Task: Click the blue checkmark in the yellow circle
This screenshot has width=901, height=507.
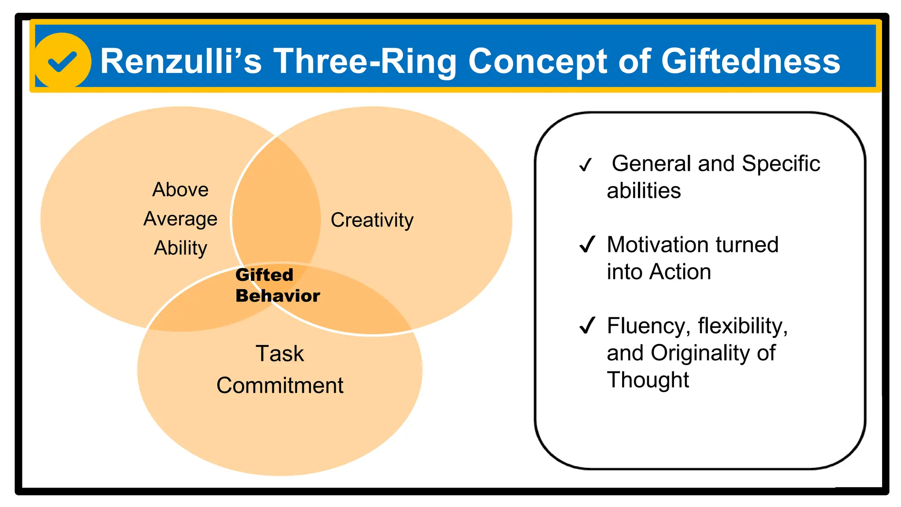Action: [x=62, y=62]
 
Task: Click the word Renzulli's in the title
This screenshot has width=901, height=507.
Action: [x=181, y=61]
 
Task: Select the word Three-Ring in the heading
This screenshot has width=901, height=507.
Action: [x=365, y=61]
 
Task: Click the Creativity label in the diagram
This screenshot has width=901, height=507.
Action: [x=372, y=220]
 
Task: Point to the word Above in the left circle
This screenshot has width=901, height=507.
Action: [x=180, y=190]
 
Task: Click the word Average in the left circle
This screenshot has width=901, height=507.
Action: [x=180, y=219]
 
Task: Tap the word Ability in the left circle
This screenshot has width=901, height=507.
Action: [x=180, y=248]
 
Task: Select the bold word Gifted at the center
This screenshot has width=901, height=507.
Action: [x=264, y=275]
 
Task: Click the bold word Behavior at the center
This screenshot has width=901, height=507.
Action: [x=278, y=296]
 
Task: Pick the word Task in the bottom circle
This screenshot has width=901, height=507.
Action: [x=280, y=353]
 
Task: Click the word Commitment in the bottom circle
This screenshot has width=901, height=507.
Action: [x=280, y=386]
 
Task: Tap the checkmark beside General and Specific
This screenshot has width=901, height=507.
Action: [x=586, y=165]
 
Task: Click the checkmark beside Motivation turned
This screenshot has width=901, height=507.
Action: [x=587, y=244]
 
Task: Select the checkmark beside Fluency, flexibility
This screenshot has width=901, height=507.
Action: [x=587, y=325]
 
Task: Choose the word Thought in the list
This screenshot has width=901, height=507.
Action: [x=648, y=380]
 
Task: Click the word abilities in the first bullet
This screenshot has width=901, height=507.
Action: [x=644, y=191]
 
